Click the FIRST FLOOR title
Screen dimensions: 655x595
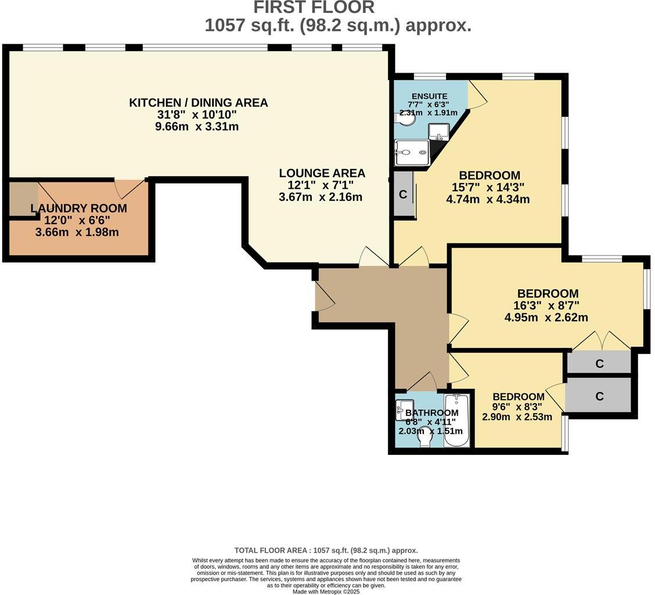314,7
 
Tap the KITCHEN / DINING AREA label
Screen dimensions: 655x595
199,102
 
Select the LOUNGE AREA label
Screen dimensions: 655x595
322,173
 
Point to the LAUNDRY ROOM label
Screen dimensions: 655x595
78,208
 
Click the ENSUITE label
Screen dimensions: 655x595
430,96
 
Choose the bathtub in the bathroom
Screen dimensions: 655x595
457,420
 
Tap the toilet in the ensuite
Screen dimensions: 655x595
405,119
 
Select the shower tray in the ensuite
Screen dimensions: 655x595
412,153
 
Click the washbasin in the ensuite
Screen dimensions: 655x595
438,132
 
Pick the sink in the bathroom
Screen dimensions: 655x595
404,409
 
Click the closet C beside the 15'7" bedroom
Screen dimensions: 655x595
403,194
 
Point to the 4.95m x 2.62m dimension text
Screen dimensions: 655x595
546,317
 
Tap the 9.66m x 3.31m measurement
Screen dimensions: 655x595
197,126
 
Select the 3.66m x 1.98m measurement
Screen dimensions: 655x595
77,232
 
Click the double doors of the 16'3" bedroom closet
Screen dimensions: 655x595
602,340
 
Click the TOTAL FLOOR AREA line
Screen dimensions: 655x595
326,550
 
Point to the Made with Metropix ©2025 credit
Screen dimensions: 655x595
326,592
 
